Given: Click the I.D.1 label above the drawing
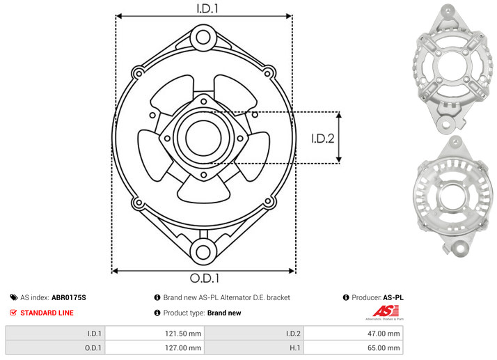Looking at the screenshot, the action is pyautogui.click(x=207, y=8).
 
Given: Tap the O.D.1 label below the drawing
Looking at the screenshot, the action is pyautogui.click(x=205, y=278).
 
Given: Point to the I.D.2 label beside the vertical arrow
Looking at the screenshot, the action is pyautogui.click(x=323, y=139).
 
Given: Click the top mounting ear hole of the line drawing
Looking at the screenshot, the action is pyautogui.click(x=203, y=38).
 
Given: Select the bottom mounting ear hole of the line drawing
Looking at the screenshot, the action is pyautogui.click(x=203, y=252).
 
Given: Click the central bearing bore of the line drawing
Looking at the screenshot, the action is pyautogui.click(x=203, y=138).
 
